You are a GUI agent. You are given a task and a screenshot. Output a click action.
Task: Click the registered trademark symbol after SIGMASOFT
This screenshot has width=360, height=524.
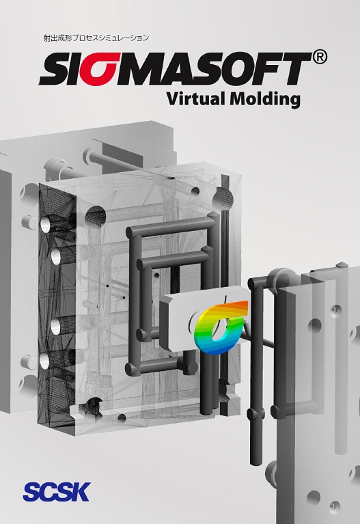click(x=320, y=57)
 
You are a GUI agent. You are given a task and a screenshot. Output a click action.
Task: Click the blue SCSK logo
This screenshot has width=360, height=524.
click(x=57, y=492)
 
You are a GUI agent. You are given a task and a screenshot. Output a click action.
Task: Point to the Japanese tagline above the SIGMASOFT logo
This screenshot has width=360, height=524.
click(x=96, y=38)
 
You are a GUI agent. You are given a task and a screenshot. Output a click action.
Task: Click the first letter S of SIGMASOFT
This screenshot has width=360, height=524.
click(x=55, y=70)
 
